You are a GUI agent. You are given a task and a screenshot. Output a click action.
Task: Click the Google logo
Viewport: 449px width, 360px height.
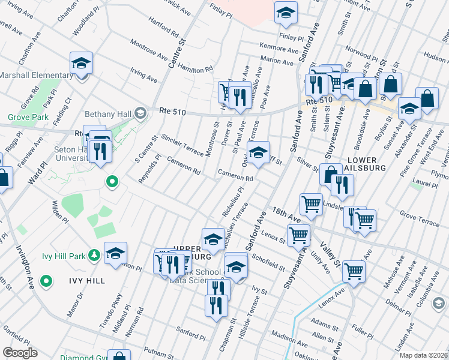pos(20,353)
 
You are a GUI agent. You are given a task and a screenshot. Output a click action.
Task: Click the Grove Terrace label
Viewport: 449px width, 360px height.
pos(420,223)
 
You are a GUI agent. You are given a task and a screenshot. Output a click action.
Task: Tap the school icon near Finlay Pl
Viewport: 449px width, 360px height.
pos(286,12)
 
